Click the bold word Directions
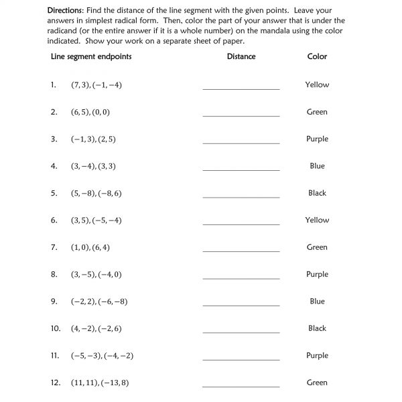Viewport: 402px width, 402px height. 68,11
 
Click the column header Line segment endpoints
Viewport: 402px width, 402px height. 91,56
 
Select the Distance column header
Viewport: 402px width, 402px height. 241,56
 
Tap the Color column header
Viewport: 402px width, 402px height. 317,56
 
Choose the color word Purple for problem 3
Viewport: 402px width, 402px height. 317,139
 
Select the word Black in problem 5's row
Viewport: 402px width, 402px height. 317,193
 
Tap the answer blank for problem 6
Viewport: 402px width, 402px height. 241,222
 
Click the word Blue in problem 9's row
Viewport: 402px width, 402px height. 317,301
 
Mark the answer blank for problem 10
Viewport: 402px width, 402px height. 241,331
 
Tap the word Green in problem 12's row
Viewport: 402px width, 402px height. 317,383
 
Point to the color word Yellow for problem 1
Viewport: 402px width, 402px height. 317,85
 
